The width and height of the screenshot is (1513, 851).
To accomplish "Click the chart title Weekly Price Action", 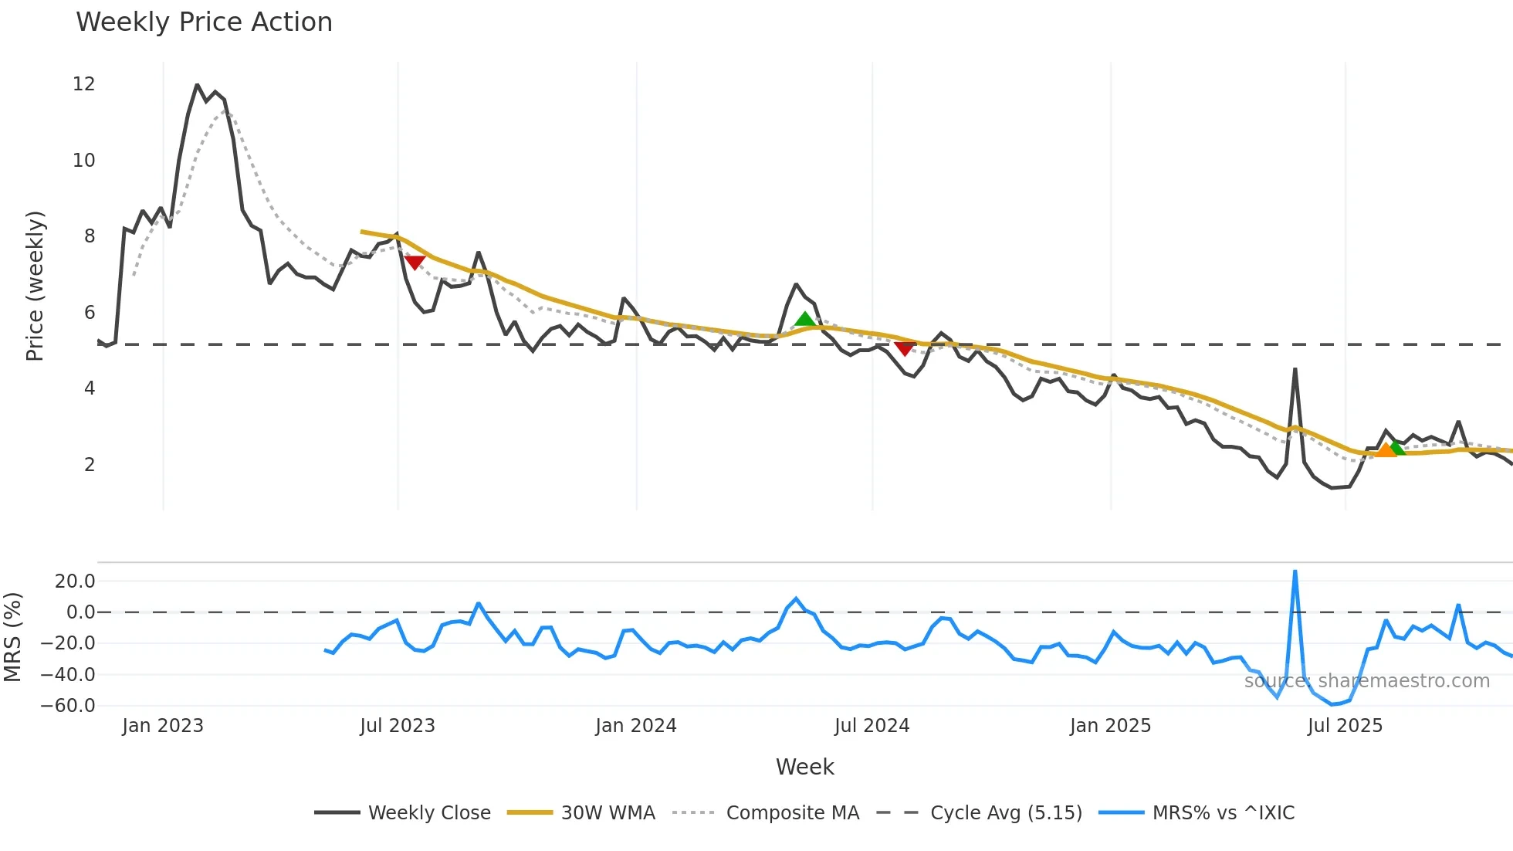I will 204,22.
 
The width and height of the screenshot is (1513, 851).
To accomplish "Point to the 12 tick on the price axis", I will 84,84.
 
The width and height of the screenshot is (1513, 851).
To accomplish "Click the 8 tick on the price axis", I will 90,236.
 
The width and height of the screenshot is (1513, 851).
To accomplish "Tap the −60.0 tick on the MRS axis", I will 68,706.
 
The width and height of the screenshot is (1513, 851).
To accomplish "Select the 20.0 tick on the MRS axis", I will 75,581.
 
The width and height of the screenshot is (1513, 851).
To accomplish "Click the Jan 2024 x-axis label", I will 636,726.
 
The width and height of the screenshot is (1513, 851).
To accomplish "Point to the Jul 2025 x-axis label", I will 1345,726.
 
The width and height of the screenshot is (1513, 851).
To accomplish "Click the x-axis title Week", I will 804,767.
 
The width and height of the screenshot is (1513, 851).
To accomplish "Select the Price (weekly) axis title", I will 35,286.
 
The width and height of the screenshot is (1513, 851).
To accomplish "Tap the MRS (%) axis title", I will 12,637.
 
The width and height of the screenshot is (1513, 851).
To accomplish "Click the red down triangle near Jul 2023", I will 415,263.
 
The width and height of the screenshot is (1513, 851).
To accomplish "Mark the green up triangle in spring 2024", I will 804,319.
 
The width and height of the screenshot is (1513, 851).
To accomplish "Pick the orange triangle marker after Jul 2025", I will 1386,450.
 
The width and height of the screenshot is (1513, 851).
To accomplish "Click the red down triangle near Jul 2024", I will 905,348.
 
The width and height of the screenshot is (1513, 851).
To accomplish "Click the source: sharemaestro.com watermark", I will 1366,681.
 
